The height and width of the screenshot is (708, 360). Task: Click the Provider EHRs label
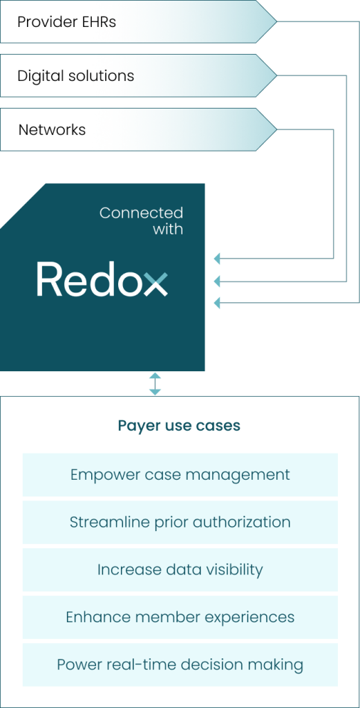click(66, 21)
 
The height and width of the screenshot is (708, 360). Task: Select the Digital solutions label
click(75, 75)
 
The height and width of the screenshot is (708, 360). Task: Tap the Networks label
click(52, 129)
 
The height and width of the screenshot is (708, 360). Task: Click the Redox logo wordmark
click(102, 279)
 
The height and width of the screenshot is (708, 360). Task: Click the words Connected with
click(141, 221)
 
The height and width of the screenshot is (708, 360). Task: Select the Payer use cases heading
click(179, 426)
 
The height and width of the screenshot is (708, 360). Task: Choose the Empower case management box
click(180, 474)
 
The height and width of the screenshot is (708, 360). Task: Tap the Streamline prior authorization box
click(180, 522)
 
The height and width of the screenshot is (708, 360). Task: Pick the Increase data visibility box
click(180, 570)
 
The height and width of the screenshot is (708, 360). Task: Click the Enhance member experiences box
click(180, 617)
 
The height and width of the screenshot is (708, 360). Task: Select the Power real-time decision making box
click(180, 664)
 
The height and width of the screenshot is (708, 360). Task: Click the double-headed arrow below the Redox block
click(155, 384)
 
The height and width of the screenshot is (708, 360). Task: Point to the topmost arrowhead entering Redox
click(216, 259)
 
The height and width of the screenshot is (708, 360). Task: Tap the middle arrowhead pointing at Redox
click(216, 281)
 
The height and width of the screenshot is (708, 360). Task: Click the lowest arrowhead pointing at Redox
click(216, 303)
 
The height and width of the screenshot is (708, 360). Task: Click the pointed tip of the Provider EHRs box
click(276, 21)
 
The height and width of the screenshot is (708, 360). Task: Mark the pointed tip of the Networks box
click(276, 129)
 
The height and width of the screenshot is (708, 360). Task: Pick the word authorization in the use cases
click(241, 522)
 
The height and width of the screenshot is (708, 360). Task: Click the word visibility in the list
click(233, 570)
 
